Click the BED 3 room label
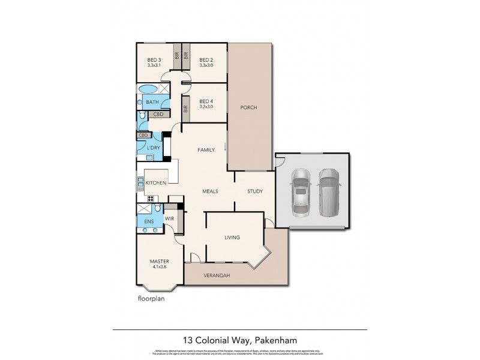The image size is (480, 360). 154,59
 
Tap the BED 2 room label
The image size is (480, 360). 206,59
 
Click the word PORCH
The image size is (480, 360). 248,107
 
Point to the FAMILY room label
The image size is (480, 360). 206,150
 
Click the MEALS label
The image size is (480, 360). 209,191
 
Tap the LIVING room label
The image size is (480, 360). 232,238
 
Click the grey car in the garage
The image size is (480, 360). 329,192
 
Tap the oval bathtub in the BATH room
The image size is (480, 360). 146,89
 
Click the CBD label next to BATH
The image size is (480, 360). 158,114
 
